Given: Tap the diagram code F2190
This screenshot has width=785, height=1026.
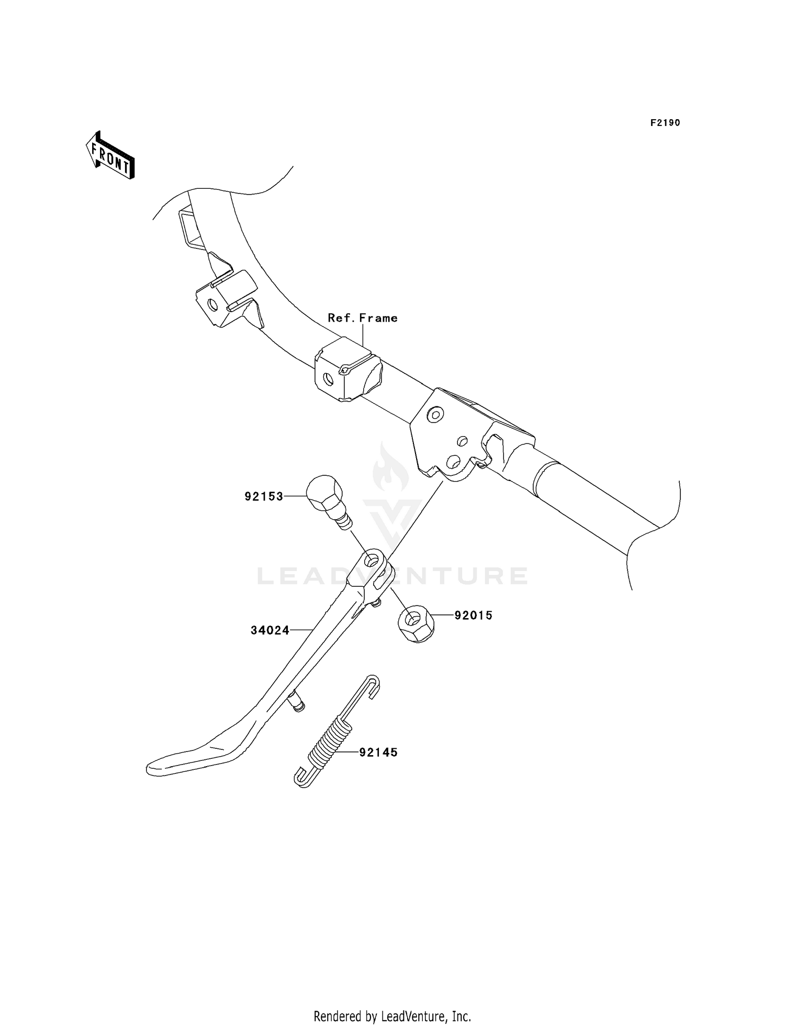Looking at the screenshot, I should click(665, 123).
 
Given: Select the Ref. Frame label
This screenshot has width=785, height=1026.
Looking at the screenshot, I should click(363, 318).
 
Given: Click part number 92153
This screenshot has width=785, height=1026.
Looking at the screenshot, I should click(264, 496).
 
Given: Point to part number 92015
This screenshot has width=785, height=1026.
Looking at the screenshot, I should click(474, 615).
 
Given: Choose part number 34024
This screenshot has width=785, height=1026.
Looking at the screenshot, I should click(270, 631).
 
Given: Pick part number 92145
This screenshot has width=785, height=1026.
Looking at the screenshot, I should click(378, 753).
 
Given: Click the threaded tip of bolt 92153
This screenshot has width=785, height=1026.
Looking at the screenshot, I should click(345, 522).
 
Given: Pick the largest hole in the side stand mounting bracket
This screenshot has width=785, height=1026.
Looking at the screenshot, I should click(453, 461).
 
